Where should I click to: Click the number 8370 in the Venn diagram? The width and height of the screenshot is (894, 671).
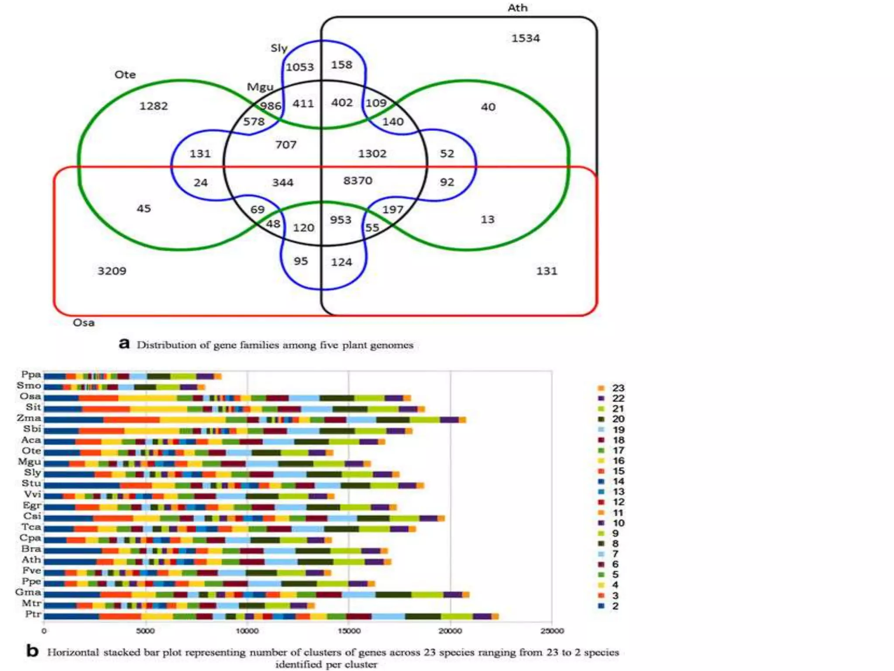click(358, 180)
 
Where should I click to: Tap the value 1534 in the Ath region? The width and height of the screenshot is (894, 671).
click(526, 38)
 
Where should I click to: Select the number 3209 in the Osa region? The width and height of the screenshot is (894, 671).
click(112, 271)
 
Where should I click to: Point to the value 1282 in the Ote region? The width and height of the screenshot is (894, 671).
click(153, 106)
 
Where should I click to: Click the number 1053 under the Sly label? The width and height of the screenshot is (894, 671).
click(299, 67)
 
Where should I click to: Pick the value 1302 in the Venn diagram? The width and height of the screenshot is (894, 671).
click(372, 154)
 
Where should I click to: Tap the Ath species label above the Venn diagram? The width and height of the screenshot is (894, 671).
click(517, 8)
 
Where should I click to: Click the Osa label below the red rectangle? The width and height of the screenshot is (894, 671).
click(83, 323)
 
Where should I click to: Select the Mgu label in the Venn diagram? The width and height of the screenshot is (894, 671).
click(260, 87)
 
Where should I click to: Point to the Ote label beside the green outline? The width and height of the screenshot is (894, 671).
click(125, 75)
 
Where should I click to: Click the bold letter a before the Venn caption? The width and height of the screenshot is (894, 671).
click(124, 344)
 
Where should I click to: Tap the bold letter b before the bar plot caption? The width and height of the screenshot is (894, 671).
click(32, 651)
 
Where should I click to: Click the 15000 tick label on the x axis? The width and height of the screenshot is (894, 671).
click(349, 631)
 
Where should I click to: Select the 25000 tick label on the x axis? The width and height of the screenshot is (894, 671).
click(552, 631)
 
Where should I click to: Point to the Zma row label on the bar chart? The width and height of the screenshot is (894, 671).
click(29, 418)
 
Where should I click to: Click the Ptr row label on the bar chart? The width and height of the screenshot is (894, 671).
click(33, 614)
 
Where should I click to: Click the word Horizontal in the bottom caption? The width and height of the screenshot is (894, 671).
click(73, 652)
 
